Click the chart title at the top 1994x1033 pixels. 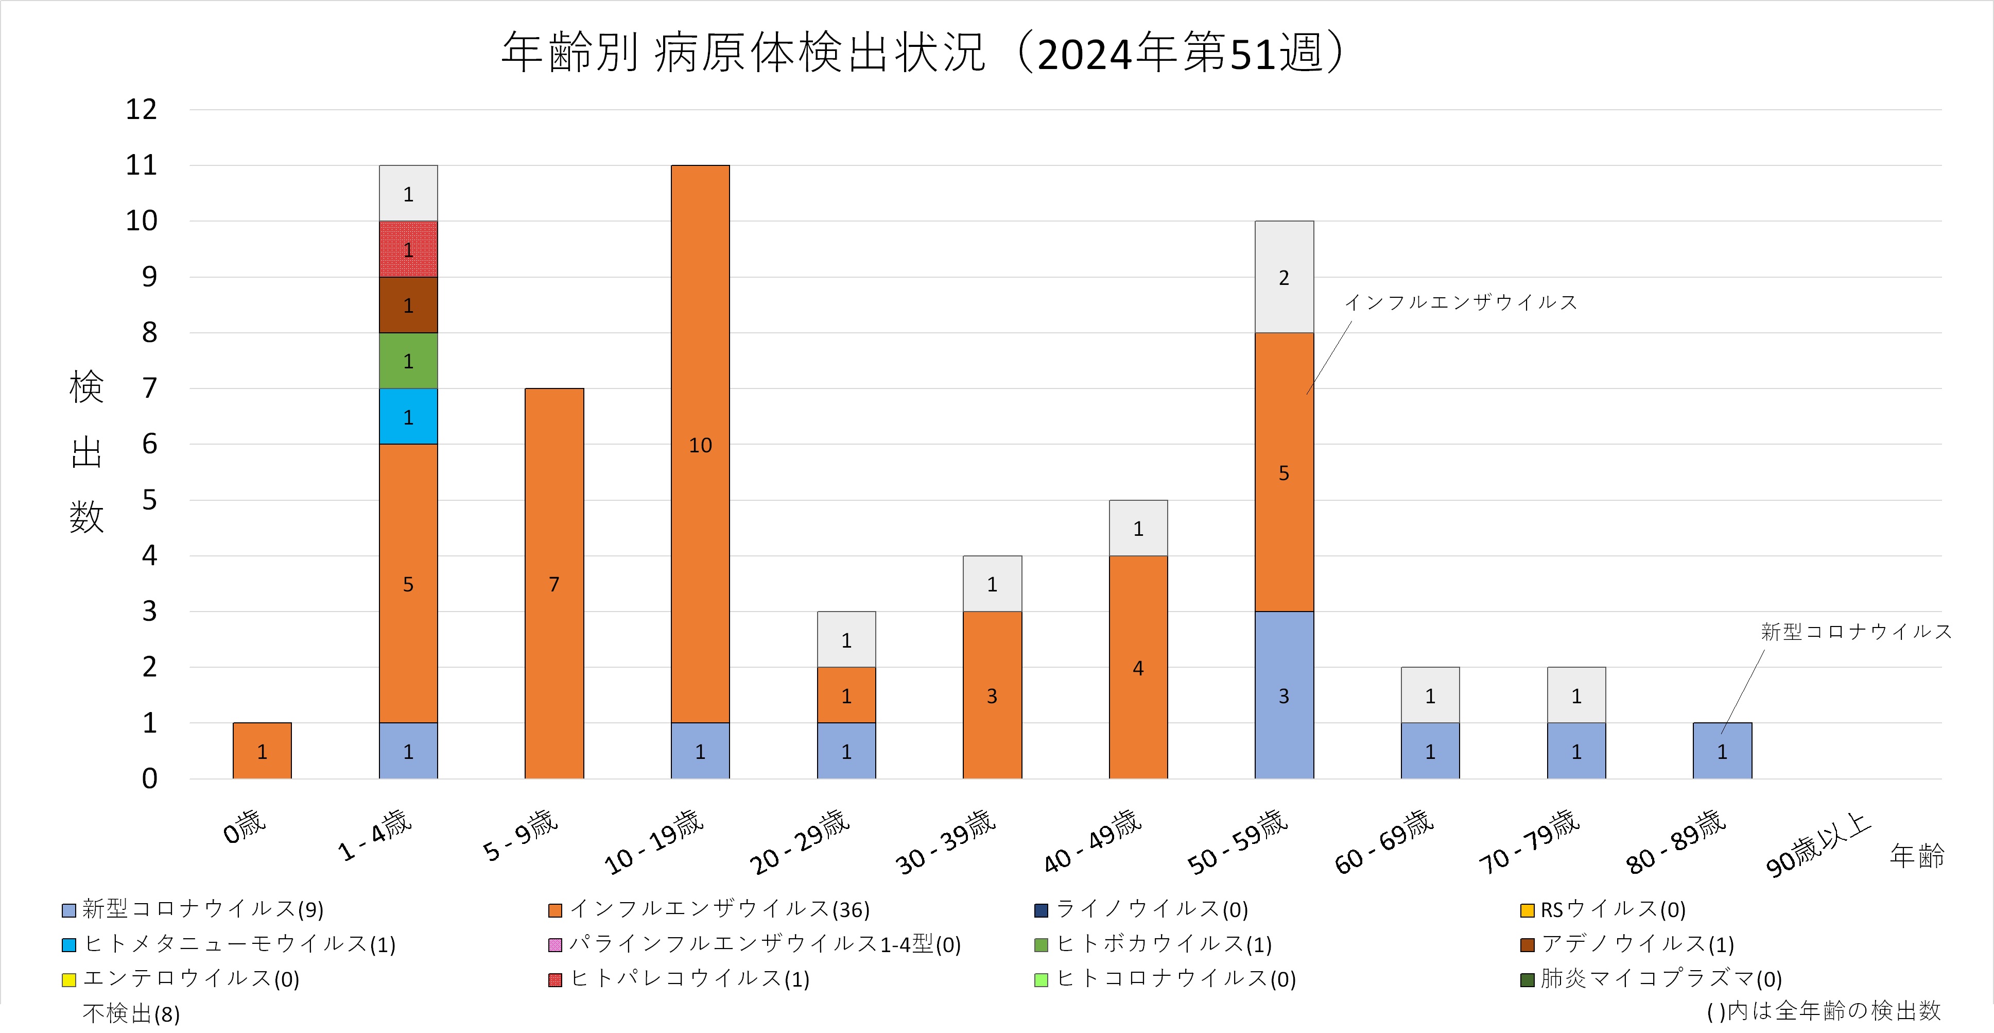click(925, 53)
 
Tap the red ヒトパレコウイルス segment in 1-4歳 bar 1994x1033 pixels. click(408, 249)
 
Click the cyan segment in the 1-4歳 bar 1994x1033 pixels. click(408, 417)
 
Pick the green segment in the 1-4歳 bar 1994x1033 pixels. click(408, 361)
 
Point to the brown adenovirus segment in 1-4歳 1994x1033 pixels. click(408, 305)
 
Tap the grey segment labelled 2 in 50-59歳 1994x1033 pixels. click(1284, 277)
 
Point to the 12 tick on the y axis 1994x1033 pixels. click(142, 110)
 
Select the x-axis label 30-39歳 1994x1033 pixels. click(945, 842)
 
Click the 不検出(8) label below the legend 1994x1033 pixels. click(131, 1013)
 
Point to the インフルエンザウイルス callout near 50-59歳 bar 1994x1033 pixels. click(1461, 302)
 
